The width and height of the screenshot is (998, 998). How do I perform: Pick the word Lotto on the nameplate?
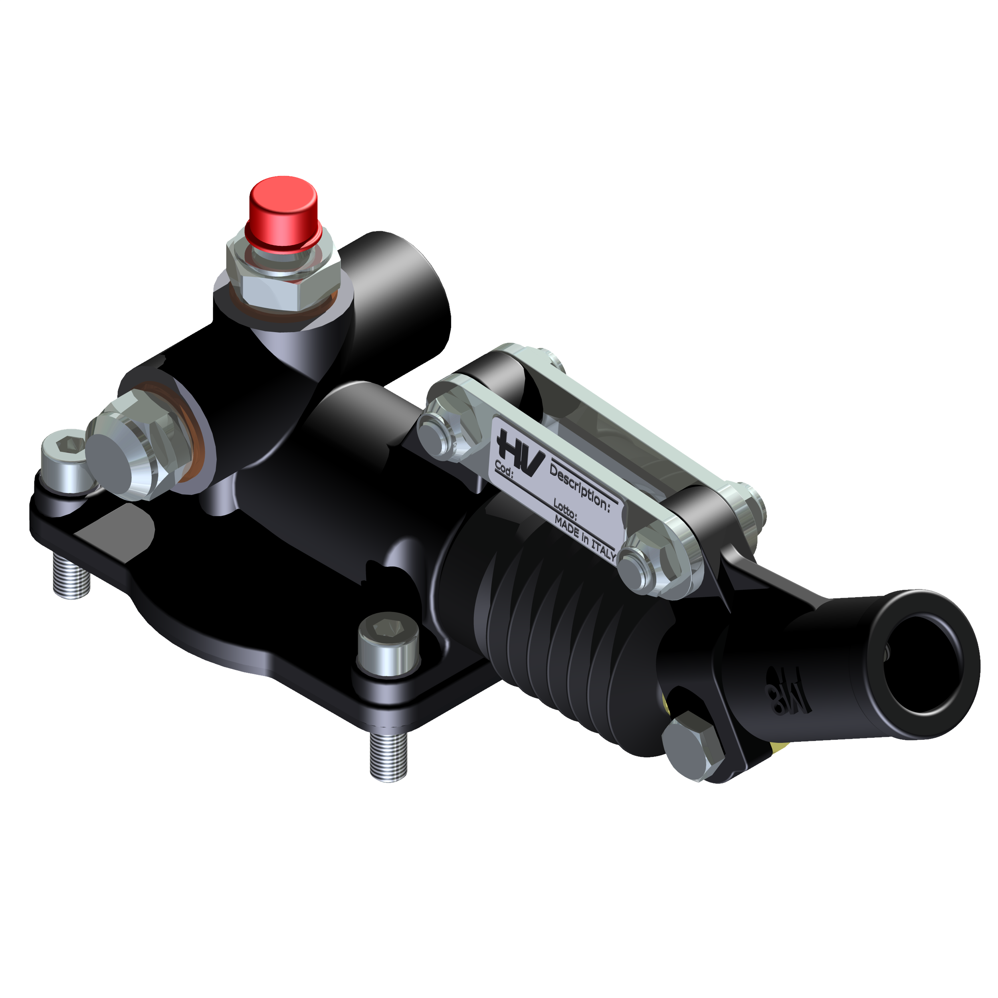click(x=564, y=509)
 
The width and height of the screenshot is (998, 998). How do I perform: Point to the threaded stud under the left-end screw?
click(x=71, y=576)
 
